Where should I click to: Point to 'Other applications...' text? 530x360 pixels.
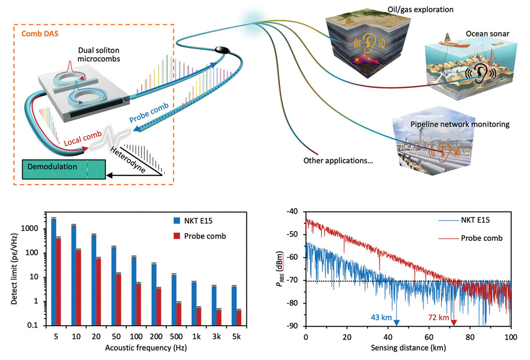[x=338, y=160]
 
